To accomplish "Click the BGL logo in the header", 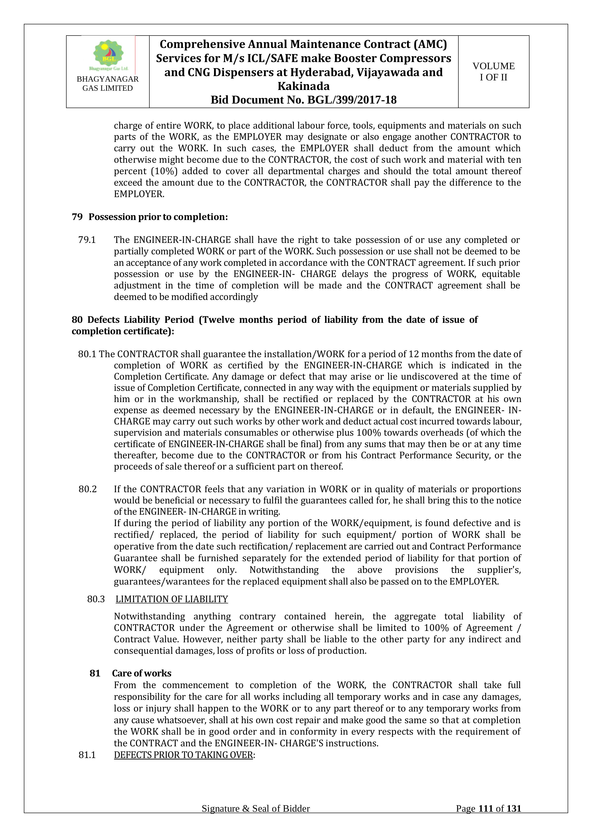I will [x=108, y=55].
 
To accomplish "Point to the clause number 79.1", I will [x=87, y=240].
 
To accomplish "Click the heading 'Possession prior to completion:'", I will [x=158, y=217].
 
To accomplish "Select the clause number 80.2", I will [x=88, y=489].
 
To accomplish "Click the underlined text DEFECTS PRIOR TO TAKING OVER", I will [x=183, y=755].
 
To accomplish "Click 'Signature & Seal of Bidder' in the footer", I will [x=256, y=819].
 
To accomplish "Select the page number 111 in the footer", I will [x=486, y=819].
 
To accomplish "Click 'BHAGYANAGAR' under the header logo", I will [x=108, y=79].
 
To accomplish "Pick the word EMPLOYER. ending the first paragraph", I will [x=139, y=194].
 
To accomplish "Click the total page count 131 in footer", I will [x=514, y=819].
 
